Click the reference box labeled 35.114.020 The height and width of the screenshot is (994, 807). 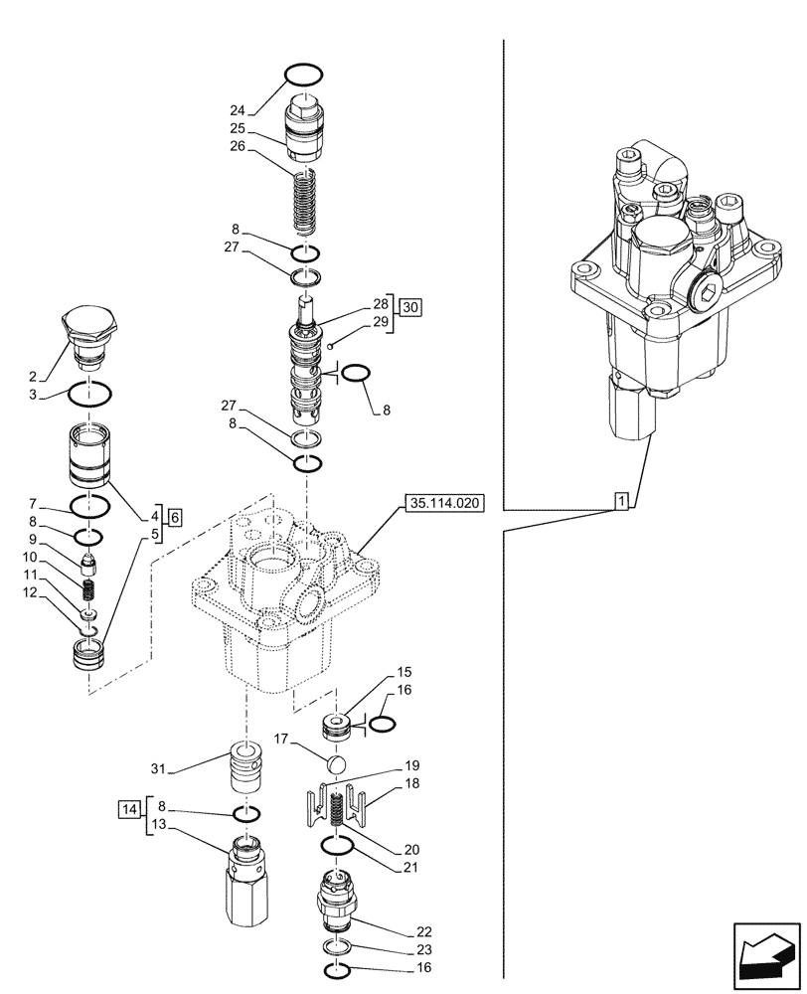point(443,504)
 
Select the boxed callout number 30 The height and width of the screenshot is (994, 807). point(411,308)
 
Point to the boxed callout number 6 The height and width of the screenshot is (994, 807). point(175,517)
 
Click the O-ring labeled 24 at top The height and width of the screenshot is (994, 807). point(303,75)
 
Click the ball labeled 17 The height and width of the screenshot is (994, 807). point(336,764)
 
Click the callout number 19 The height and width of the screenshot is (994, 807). point(410,765)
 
